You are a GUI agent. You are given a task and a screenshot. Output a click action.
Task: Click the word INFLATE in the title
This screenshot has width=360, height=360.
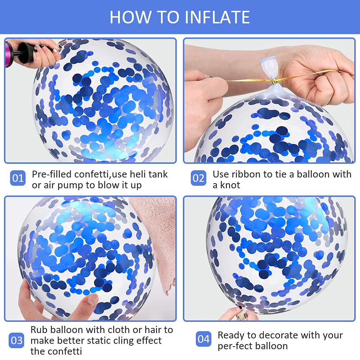(x=217, y=17)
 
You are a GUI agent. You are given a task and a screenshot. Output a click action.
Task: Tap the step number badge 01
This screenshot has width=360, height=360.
(x=18, y=178)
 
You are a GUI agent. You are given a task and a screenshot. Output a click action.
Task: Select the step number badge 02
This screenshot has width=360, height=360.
(x=198, y=178)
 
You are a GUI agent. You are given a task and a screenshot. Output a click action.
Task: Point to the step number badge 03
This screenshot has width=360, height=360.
(x=16, y=340)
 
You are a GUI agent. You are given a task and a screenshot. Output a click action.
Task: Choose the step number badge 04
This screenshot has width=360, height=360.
(x=203, y=339)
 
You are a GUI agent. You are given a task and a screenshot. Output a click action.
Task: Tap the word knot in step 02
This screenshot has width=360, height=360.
(x=230, y=185)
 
